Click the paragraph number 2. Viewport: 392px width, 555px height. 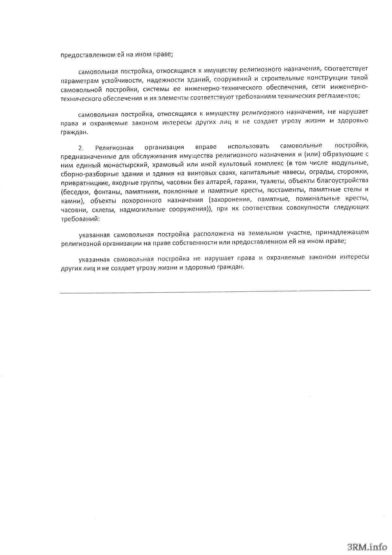[81, 148]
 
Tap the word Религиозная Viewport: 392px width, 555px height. [114, 148]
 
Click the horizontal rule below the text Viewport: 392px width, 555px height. [215, 291]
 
